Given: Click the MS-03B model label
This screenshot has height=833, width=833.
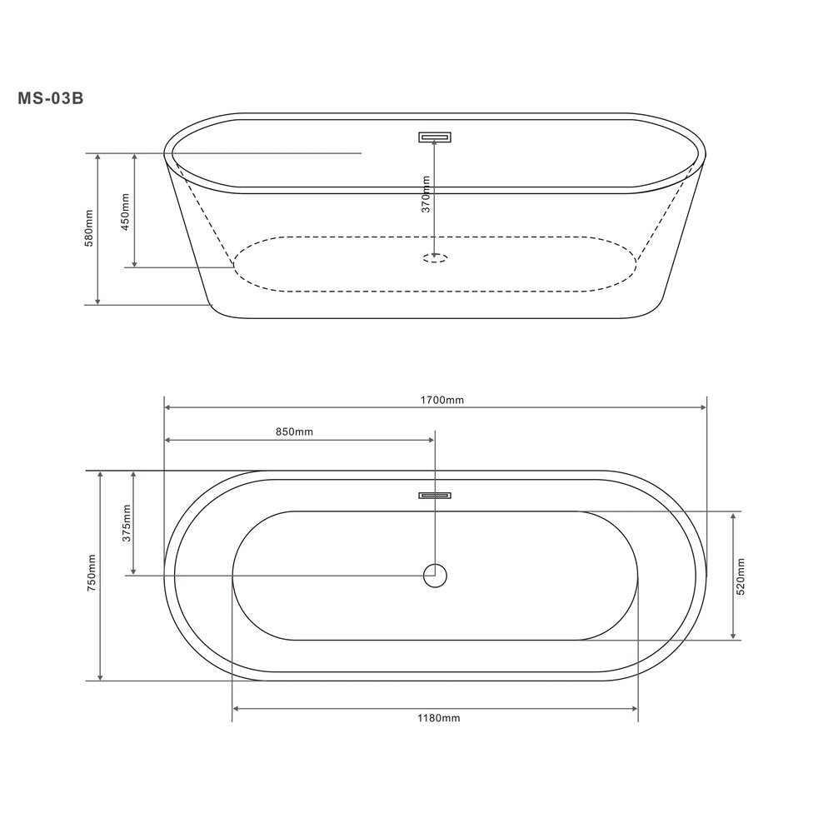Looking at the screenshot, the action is coord(51,99).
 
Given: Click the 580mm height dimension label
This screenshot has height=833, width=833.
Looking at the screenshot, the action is coord(89,228).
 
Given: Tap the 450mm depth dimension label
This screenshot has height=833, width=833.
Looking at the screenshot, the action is coord(126,212).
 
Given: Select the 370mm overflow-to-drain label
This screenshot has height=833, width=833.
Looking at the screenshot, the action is coord(426,194).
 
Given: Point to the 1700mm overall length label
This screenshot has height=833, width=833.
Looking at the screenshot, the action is coord(442,400).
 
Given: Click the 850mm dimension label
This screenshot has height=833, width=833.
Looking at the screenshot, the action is coord(294,431).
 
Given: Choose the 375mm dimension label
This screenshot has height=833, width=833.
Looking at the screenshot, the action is coord(127,523).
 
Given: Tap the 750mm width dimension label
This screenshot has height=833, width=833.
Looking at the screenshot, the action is coord(92,573).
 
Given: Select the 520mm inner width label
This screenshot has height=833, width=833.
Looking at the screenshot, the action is coord(741,576).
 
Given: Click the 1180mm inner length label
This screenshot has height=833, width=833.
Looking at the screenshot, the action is coord(439,718).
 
